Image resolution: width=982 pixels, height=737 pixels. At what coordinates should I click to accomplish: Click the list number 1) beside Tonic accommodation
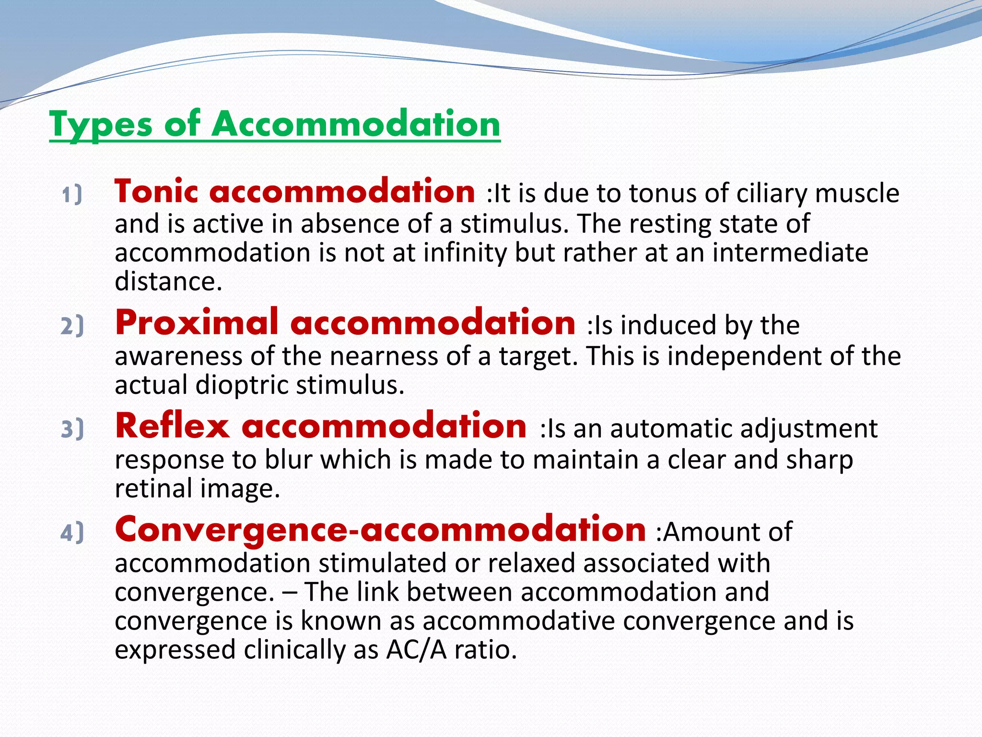click(72, 195)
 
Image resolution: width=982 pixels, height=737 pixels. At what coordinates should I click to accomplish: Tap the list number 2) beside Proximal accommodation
click(72, 326)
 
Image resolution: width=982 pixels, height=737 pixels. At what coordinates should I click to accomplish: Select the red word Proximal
click(197, 323)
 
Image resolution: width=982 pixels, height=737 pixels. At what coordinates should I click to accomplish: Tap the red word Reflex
click(173, 426)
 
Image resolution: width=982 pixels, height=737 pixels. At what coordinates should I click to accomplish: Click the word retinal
click(153, 488)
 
